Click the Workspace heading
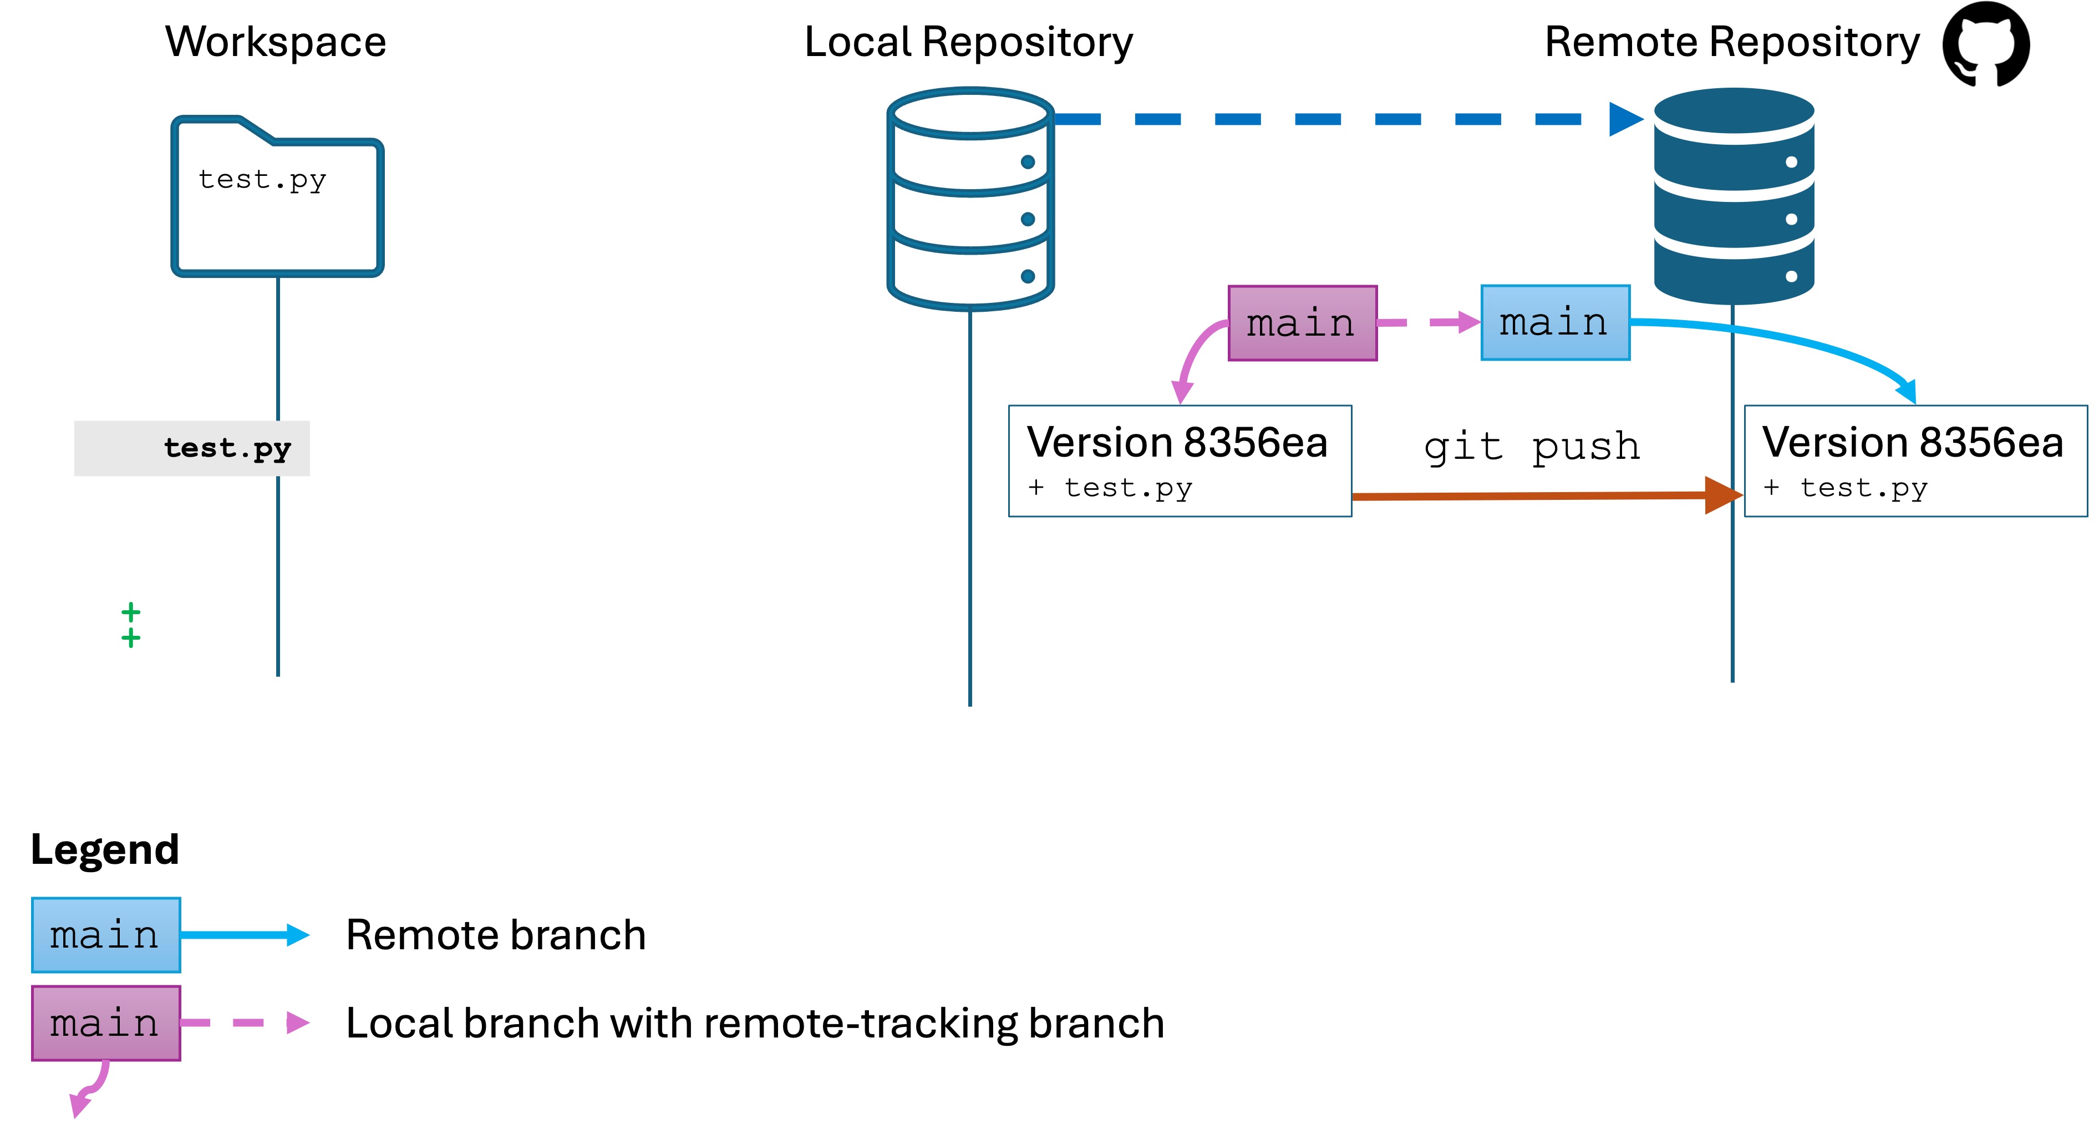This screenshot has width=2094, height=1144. (x=276, y=42)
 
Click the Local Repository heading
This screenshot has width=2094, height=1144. (x=968, y=42)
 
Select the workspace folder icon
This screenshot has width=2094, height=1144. (x=277, y=198)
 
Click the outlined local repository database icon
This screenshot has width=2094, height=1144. (x=970, y=199)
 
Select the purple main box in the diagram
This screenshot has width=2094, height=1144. (x=1302, y=323)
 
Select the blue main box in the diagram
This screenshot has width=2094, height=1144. (x=1555, y=323)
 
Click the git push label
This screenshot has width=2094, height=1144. (x=1532, y=447)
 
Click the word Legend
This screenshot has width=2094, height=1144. (x=105, y=849)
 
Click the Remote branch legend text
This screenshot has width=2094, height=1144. (x=496, y=935)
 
